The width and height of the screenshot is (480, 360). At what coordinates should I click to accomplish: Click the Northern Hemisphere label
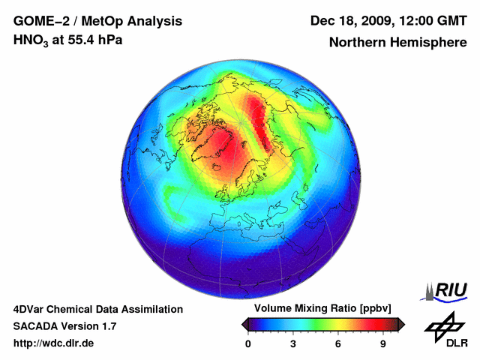point(397,42)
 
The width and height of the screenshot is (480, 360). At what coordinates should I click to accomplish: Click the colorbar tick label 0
point(248,343)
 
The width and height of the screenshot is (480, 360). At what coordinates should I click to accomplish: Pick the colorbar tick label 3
point(293,343)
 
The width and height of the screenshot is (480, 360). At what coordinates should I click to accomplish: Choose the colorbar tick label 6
point(338,343)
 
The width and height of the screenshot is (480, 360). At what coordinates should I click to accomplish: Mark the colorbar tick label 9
point(382,343)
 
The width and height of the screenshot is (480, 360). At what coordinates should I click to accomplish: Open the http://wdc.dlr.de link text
point(54,343)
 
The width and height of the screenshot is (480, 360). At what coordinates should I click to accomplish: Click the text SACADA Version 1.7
point(64,326)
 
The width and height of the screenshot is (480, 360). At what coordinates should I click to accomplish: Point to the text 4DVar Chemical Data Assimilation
point(97,309)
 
